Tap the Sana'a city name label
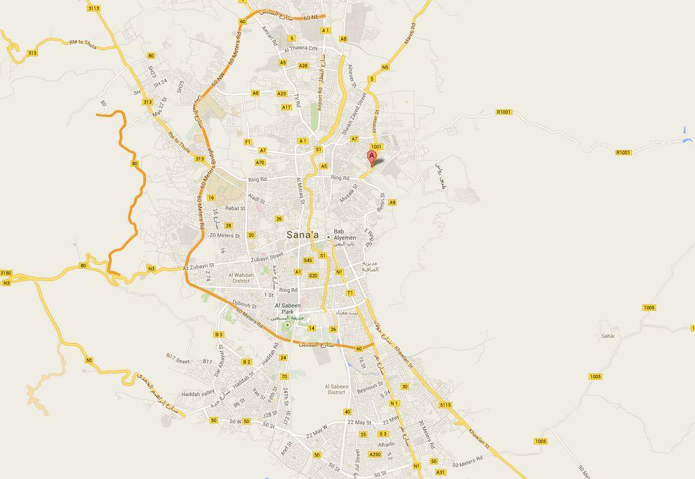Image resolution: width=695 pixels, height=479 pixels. [302, 236]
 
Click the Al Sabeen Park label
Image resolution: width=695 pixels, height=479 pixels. [287, 309]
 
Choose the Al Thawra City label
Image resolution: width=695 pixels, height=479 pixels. [301, 49]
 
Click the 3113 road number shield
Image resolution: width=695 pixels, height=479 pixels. [93, 8]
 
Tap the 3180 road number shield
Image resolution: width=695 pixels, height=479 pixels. [6, 273]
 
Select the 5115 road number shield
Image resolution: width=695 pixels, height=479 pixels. [445, 405]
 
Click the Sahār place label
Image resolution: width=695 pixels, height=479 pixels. [608, 336]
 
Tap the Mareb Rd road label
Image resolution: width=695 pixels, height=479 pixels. [410, 35]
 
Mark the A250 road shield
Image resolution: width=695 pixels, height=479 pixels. [375, 454]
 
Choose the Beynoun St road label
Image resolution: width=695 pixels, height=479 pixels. [369, 387]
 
